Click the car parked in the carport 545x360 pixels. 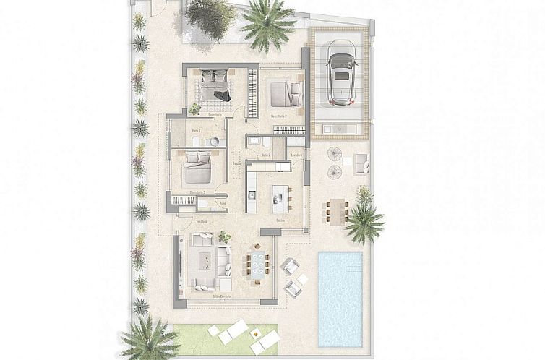[340, 72]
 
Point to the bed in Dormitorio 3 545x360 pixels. [197, 171]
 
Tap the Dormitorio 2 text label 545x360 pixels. [279, 116]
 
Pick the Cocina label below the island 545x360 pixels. [280, 220]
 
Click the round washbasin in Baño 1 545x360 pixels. [214, 142]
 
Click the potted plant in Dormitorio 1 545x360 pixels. [194, 109]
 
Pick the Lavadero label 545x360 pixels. [296, 155]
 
